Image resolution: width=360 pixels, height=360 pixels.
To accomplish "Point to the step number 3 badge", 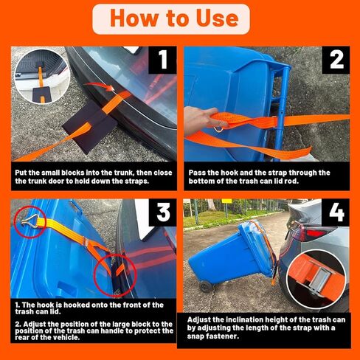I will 162,212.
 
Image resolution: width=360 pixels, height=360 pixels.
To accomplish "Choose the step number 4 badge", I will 336,212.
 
